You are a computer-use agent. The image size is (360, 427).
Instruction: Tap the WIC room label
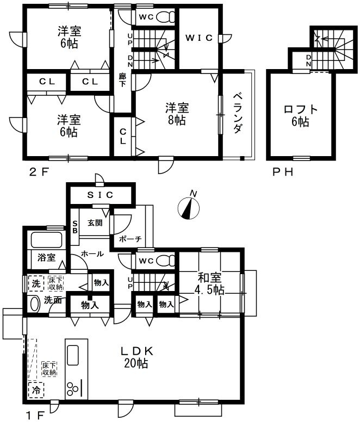199,38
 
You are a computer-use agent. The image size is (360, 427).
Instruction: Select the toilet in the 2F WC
166,17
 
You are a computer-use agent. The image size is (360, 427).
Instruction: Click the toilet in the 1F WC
166,261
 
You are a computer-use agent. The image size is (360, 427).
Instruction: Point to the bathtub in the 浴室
46,240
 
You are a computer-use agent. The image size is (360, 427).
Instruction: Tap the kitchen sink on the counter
72,355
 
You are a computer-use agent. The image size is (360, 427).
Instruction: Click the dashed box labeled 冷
36,390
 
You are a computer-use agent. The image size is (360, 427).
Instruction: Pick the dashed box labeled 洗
36,283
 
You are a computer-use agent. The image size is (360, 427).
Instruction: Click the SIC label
100,195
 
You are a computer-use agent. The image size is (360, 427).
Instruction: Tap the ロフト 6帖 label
301,115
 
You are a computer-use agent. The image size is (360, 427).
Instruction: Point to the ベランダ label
238,113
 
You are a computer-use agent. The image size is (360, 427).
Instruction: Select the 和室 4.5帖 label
209,284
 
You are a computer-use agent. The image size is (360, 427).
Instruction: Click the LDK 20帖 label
136,357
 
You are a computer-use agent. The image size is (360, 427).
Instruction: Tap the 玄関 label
95,223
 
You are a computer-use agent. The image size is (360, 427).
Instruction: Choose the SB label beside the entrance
75,227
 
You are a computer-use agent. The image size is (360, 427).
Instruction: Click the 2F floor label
39,172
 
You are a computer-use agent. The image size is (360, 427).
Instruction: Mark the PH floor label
283,172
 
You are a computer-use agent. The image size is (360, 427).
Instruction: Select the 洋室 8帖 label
177,114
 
